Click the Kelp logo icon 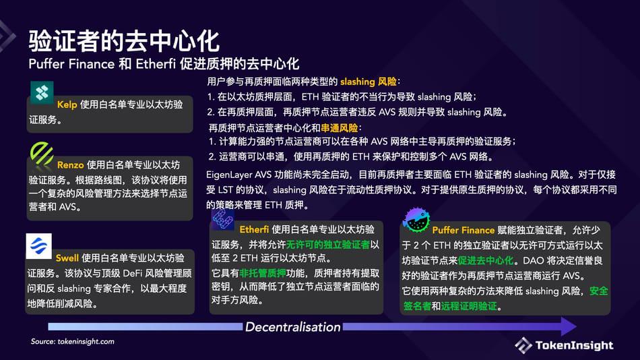42,92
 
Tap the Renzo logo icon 42,154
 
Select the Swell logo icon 39,247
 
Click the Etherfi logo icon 223,218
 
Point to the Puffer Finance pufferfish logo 416,220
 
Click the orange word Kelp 67,105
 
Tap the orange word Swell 67,258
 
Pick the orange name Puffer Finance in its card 463,231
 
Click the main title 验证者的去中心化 123,41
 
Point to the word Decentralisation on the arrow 292,328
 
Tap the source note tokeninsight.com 73,342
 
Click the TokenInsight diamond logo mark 523,345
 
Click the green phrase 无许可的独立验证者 329,244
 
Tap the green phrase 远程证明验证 469,306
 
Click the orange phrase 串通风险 339,127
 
